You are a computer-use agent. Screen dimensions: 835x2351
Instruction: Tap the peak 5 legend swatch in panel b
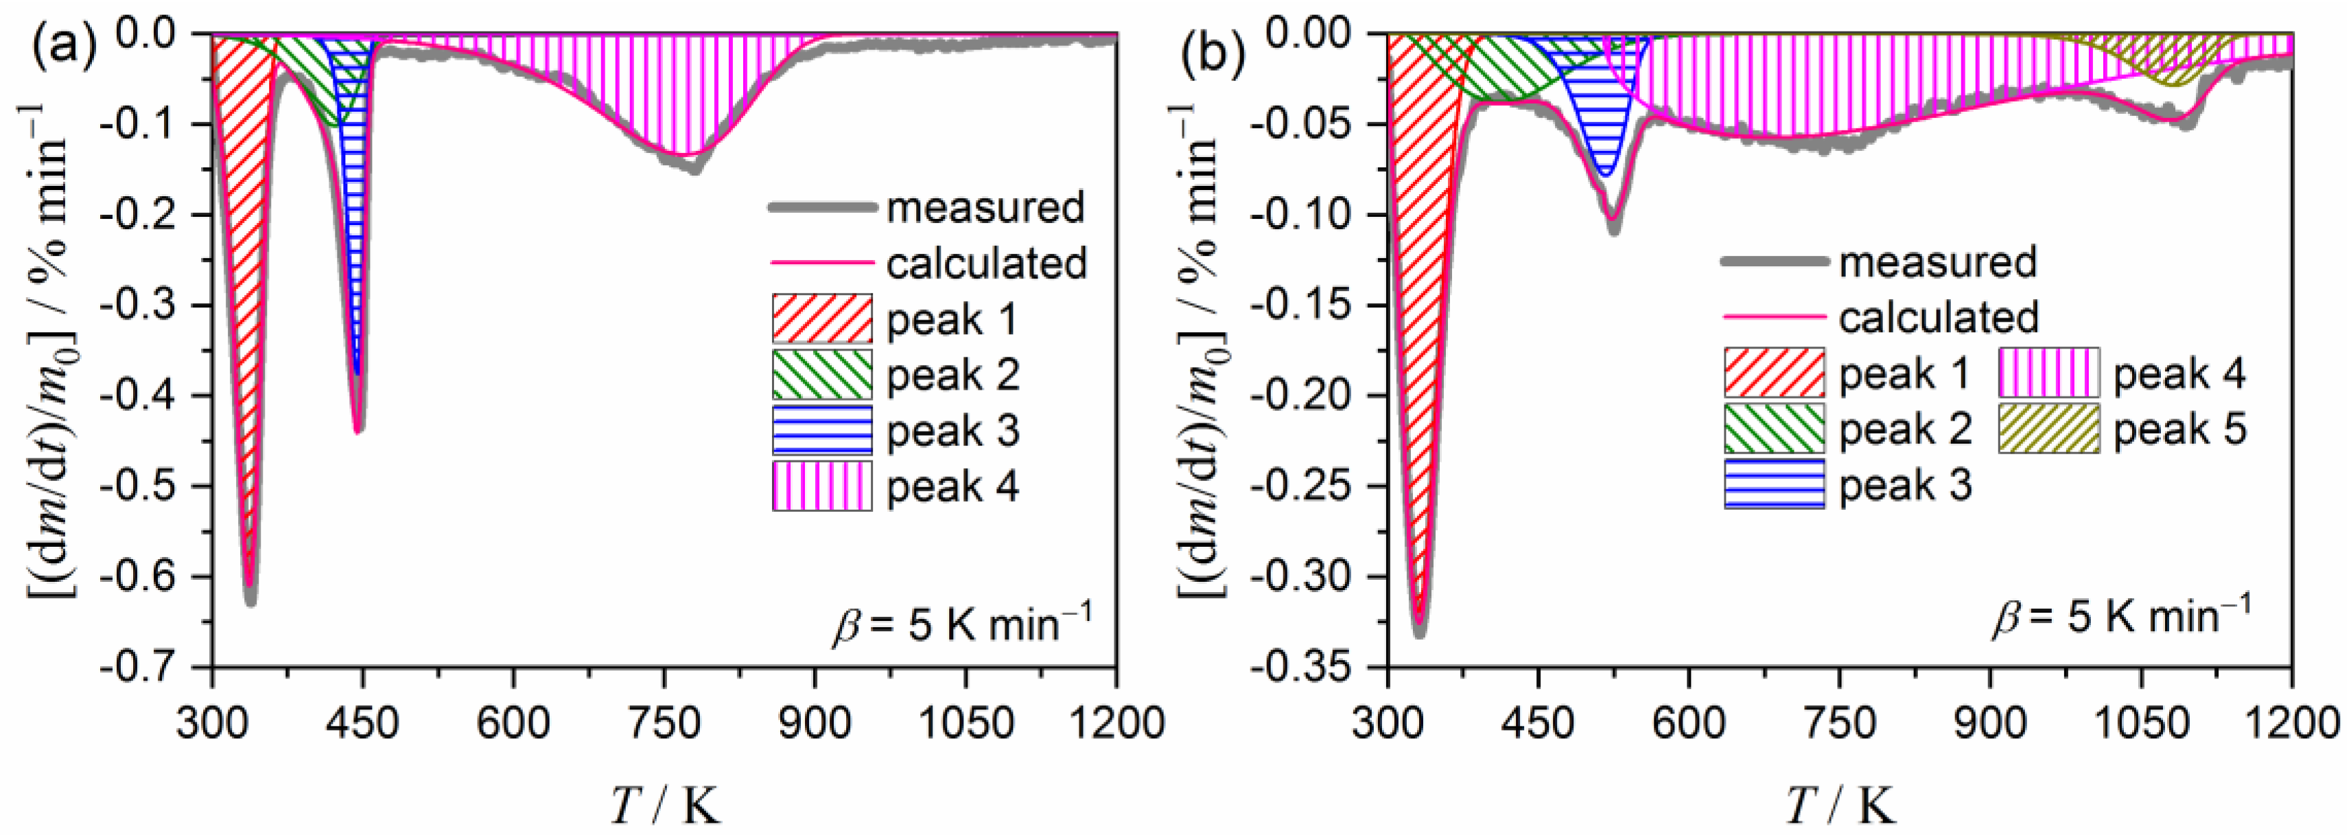pos(2048,429)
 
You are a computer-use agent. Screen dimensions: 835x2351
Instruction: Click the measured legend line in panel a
pos(821,208)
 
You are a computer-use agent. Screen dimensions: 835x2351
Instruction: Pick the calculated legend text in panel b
pos(1938,318)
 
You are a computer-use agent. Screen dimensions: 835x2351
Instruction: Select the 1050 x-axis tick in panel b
pos(2140,724)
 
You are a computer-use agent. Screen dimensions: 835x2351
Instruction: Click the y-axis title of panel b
pos(1198,351)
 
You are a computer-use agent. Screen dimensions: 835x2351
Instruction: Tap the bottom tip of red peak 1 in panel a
pos(249,584)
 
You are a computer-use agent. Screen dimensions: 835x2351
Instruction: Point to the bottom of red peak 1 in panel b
pos(1419,620)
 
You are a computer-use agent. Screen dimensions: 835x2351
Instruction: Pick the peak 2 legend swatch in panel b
pos(1773,429)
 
